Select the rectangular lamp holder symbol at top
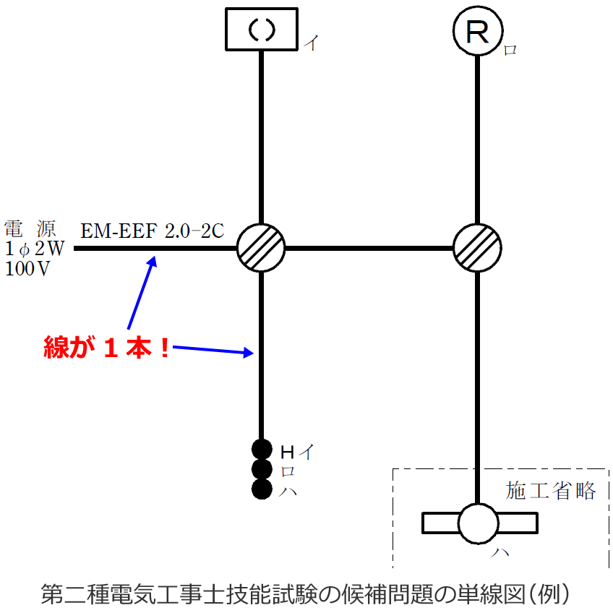point(261,30)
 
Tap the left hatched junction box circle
point(261,248)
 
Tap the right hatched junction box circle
point(477,248)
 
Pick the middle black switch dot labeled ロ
point(261,469)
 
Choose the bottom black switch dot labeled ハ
point(261,489)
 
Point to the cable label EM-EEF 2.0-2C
point(153,231)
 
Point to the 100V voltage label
point(27,269)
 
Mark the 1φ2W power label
point(34,249)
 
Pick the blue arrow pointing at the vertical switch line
point(213,351)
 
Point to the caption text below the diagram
point(306,593)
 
